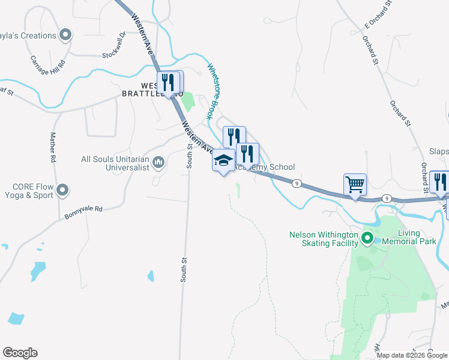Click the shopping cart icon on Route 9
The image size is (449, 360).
tap(355, 184)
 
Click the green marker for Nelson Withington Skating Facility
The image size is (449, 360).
tap(367, 239)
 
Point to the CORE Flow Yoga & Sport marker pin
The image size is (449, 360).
tap(62, 191)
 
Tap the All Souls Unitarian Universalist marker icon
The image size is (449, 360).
tap(159, 162)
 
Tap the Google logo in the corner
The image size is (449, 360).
tap(20, 353)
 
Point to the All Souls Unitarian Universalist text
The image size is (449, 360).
tap(117, 164)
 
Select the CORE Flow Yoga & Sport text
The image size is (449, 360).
tap(26, 191)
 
